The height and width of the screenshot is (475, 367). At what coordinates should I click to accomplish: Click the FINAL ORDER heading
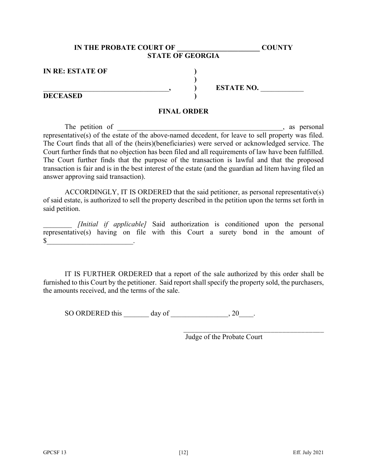[183, 111]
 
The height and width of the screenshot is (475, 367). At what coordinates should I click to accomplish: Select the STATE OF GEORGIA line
[183, 56]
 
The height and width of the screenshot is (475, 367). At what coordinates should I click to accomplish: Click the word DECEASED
[63, 96]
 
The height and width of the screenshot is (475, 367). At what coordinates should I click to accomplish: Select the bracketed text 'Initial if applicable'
[112, 224]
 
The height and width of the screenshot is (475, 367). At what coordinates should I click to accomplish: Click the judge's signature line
[253, 331]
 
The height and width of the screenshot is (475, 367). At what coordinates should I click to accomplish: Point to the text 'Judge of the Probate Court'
[224, 337]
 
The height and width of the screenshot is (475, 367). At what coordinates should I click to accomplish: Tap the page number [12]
[183, 453]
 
